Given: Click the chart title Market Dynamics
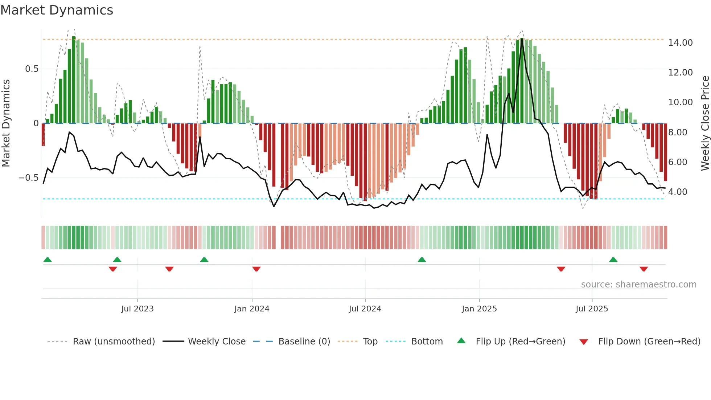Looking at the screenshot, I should tap(57, 10).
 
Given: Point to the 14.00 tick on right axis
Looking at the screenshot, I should tap(680, 43).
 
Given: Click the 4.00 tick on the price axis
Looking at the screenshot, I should tap(678, 192).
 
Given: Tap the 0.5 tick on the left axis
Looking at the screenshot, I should tap(32, 69).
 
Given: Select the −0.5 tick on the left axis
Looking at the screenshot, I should tap(28, 178).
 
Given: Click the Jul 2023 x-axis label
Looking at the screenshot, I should tap(137, 309).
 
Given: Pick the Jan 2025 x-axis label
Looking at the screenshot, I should tap(479, 309).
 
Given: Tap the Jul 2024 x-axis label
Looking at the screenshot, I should tap(365, 309).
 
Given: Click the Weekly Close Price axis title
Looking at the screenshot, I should tap(705, 123).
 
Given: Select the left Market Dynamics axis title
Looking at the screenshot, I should tap(6, 123).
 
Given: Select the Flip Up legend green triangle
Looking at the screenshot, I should tap(461, 341).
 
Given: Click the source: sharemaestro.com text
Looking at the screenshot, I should tap(638, 285).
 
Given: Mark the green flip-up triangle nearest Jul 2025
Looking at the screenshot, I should tap(613, 260).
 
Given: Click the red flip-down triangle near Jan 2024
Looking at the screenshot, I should tap(256, 269).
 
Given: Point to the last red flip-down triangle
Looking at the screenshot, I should tap(644, 269).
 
